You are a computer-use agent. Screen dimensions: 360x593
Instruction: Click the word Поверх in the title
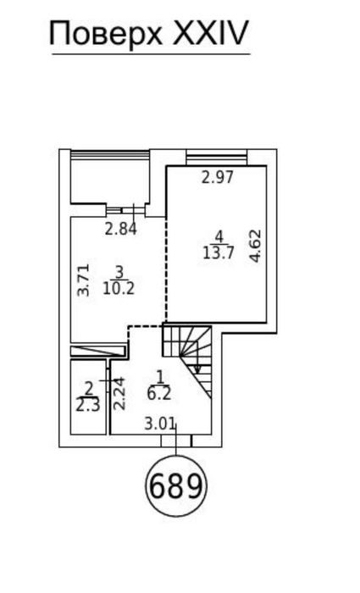pyautogui.click(x=106, y=34)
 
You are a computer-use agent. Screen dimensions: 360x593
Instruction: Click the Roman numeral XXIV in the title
pyautogui.click(x=210, y=33)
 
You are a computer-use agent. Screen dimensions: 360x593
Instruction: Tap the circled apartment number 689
pyautogui.click(x=176, y=485)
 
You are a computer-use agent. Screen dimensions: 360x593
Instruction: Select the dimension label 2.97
pyautogui.click(x=218, y=177)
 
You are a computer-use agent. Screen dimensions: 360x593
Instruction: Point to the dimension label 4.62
pyautogui.click(x=256, y=246)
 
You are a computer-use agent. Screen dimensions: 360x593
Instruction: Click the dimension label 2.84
pyautogui.click(x=120, y=230)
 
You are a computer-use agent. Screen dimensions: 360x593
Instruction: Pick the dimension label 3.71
pyautogui.click(x=83, y=280)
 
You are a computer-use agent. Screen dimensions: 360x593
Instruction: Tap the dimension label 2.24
pyautogui.click(x=119, y=394)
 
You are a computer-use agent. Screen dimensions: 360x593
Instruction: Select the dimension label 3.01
pyautogui.click(x=160, y=424)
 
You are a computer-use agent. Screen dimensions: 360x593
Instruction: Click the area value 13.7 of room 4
pyautogui.click(x=219, y=253)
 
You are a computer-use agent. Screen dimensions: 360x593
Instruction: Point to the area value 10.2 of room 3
pyautogui.click(x=119, y=289)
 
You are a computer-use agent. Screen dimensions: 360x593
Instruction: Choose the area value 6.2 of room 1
pyautogui.click(x=159, y=394)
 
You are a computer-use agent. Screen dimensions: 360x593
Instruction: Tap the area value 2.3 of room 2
pyautogui.click(x=88, y=405)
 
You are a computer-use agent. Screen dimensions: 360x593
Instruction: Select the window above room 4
pyautogui.click(x=217, y=158)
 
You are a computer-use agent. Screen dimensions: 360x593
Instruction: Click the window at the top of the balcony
pyautogui.click(x=110, y=155)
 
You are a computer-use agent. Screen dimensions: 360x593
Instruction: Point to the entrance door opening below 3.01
pyautogui.click(x=176, y=441)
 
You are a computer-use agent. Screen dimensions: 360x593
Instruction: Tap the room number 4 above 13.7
pyautogui.click(x=219, y=237)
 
